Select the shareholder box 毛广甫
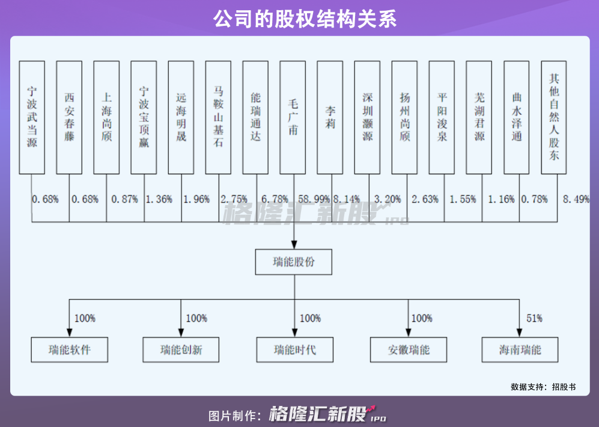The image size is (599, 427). (x=293, y=117)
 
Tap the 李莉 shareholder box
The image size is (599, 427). (x=330, y=117)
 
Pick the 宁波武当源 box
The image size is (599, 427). (x=32, y=117)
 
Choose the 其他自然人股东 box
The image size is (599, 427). (x=553, y=117)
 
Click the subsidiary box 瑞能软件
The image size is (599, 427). (x=70, y=349)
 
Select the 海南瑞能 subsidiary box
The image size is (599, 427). (x=520, y=349)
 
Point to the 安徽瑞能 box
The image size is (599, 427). (x=409, y=349)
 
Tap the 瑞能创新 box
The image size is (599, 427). (x=181, y=349)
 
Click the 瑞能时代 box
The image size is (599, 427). (x=294, y=349)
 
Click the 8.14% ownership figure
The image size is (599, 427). (x=347, y=199)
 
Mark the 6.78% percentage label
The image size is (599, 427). (x=275, y=199)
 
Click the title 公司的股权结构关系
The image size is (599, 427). (x=299, y=19)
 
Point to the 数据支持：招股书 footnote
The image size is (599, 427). (x=543, y=387)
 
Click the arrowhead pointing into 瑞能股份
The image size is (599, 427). (x=294, y=245)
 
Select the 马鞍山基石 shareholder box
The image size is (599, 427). (x=218, y=117)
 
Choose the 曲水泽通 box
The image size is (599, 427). (x=516, y=117)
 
